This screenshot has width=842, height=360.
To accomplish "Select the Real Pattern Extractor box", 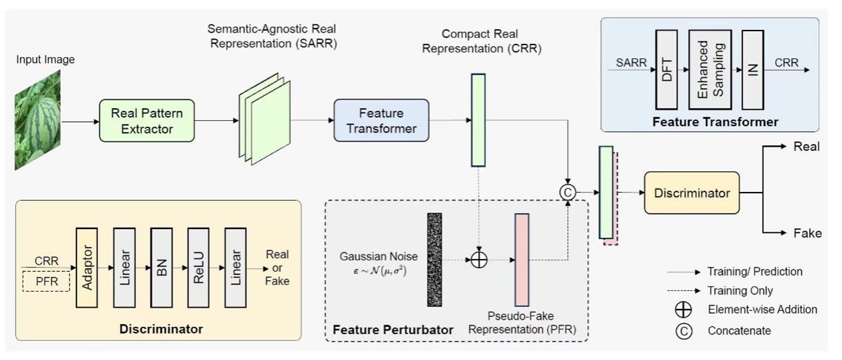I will click(147, 120).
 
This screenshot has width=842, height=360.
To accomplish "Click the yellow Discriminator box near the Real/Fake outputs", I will click(691, 193).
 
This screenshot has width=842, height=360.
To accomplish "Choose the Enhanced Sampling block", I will click(710, 69).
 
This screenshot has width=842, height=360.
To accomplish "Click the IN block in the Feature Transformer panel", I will click(752, 69).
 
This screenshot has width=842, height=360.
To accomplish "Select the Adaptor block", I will click(87, 268).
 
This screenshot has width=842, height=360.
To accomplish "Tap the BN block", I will click(161, 268).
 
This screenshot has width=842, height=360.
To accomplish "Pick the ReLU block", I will click(199, 268).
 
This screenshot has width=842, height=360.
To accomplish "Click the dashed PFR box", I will click(46, 282).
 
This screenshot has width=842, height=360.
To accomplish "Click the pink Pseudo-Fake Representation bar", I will click(521, 260).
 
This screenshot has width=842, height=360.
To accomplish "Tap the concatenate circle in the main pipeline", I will click(567, 192).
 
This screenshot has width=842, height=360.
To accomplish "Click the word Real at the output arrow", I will click(806, 147).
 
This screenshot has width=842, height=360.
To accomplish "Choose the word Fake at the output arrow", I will click(807, 232).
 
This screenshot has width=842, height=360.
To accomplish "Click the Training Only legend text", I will click(740, 291).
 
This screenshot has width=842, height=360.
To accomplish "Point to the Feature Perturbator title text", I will click(393, 329).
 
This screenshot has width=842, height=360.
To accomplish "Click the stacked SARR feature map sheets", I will click(264, 126).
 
